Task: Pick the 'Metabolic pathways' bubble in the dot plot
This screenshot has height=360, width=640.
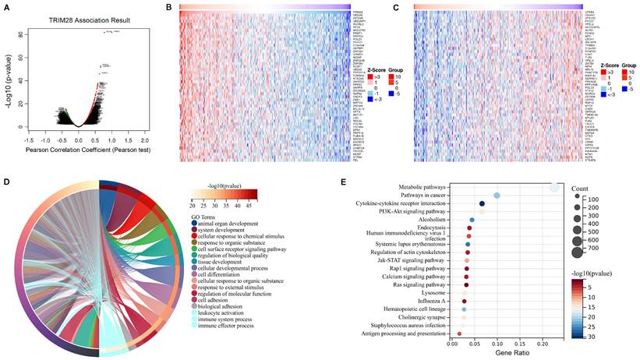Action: (x=554, y=188)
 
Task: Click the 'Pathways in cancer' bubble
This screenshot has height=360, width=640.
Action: (x=497, y=196)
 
